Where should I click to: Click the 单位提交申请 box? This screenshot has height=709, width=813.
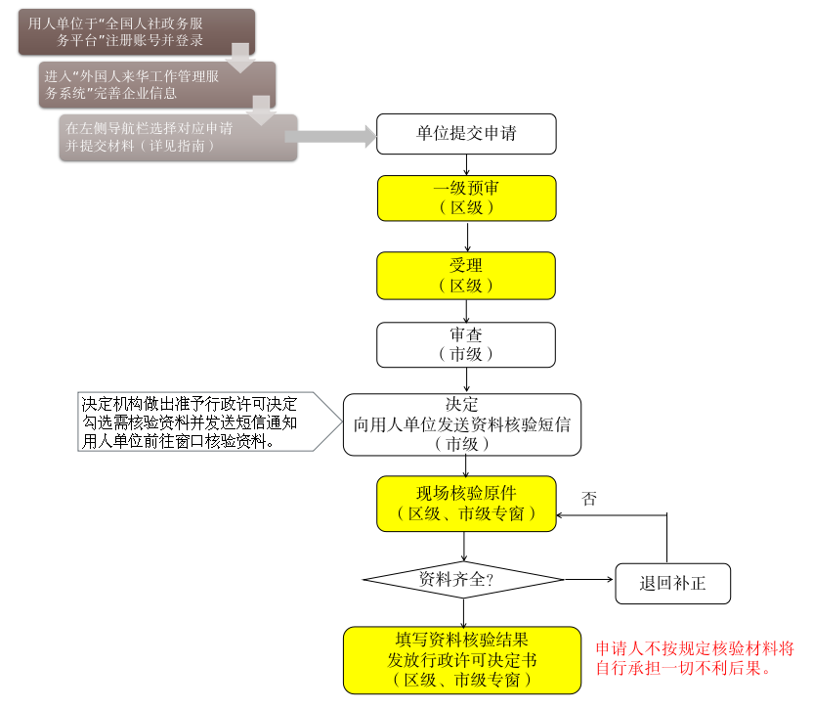click(x=466, y=134)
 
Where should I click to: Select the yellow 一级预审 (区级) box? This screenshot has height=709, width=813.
click(x=467, y=199)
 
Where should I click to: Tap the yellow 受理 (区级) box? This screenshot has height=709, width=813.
click(x=466, y=276)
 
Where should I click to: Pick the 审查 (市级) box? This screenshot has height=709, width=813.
click(x=466, y=344)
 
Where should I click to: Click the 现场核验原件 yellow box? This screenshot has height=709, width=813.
click(x=466, y=504)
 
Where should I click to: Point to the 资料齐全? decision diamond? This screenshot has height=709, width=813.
click(x=463, y=579)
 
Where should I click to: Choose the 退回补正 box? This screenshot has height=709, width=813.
click(x=672, y=584)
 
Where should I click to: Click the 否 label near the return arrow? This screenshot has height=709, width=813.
click(x=589, y=499)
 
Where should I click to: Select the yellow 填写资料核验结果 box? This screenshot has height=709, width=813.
click(x=462, y=660)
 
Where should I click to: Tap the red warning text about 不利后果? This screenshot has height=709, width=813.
click(x=695, y=657)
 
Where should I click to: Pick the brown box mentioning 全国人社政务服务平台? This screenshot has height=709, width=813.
click(x=137, y=31)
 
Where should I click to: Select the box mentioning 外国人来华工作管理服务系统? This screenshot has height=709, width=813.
click(x=157, y=85)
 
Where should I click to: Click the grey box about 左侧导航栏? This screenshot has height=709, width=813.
click(x=178, y=138)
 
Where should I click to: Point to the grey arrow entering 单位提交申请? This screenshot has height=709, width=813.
click(x=330, y=137)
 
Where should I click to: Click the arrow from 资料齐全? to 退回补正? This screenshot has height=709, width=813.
click(x=588, y=579)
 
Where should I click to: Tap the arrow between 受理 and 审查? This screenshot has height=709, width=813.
click(x=466, y=311)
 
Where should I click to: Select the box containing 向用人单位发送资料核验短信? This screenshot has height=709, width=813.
click(x=462, y=424)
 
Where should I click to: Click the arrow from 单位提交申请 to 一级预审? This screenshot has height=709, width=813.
click(x=466, y=164)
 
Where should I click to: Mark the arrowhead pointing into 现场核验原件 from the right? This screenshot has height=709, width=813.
click(x=560, y=515)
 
